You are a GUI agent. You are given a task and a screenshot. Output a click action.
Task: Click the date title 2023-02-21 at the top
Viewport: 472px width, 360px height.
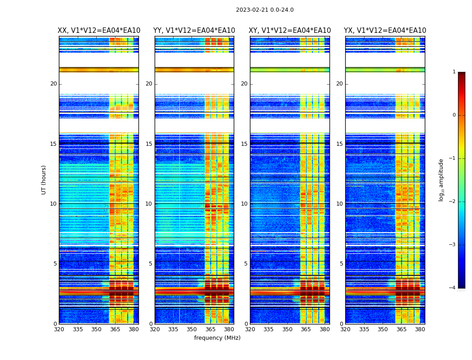(265, 10)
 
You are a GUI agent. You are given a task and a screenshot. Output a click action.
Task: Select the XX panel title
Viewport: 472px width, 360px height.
(99, 31)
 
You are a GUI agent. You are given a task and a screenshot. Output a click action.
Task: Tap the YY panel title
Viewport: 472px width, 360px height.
(194, 31)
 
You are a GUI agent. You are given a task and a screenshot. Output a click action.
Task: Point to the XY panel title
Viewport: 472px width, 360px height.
(290, 31)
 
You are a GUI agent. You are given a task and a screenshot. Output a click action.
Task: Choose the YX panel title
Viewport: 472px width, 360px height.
(385, 31)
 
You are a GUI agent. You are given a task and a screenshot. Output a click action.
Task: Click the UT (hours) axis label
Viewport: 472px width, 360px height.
(44, 180)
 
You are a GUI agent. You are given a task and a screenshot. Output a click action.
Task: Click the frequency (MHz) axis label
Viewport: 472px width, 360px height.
(217, 338)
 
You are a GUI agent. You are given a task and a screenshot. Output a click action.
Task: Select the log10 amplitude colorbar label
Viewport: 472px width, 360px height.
(441, 180)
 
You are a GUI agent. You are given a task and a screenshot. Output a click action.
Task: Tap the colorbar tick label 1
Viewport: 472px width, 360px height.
(454, 72)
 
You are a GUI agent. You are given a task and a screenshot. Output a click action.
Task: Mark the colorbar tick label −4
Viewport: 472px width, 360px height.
(453, 288)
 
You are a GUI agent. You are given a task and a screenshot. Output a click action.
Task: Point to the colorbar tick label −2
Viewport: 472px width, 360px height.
(453, 202)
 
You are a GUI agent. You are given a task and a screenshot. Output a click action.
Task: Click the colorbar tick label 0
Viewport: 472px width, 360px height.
(454, 115)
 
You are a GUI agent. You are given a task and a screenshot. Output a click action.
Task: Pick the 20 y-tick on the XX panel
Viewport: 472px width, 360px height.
(53, 84)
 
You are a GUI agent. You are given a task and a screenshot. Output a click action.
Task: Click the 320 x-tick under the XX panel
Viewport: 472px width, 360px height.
(59, 329)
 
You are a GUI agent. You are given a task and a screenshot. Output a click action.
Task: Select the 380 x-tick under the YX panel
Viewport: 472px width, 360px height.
(420, 329)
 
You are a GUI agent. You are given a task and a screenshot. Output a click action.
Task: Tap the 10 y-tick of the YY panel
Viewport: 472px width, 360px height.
(149, 204)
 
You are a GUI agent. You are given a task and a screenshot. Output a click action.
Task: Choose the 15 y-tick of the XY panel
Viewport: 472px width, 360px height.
(244, 144)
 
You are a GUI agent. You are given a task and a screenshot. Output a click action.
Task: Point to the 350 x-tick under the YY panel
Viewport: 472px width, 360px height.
(192, 329)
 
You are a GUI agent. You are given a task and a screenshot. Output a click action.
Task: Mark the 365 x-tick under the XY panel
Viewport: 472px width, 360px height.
(306, 329)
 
